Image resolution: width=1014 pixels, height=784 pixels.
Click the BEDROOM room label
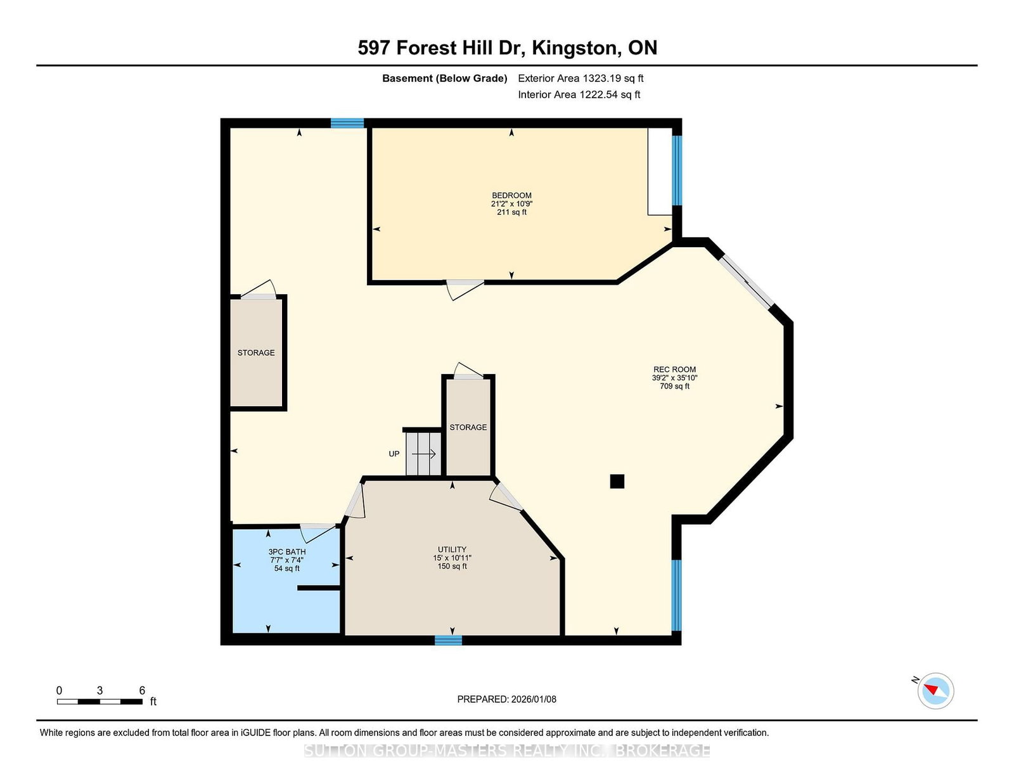511,195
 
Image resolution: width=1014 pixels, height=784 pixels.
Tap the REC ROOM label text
674,369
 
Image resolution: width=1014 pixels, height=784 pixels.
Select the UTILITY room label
452,549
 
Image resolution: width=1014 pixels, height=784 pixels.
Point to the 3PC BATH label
287,551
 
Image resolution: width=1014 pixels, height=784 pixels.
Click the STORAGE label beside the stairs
468,427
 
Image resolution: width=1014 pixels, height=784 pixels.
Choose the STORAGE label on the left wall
255,352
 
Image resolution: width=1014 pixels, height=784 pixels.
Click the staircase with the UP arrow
423,454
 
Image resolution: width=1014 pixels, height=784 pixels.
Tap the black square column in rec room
617,481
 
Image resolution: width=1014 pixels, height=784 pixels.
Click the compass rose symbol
935,691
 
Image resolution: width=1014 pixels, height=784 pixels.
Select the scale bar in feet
100,702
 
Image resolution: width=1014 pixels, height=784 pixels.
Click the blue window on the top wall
347,123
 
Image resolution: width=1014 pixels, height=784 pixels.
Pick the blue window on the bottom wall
448,639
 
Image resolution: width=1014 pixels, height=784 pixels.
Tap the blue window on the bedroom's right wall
677,170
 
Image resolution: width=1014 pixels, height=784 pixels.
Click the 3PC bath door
318,533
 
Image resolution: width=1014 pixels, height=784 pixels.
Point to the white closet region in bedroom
660,171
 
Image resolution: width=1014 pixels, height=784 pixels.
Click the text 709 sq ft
674,386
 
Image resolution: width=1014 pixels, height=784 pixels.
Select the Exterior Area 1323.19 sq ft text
581,79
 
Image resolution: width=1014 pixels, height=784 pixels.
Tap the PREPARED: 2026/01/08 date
506,699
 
